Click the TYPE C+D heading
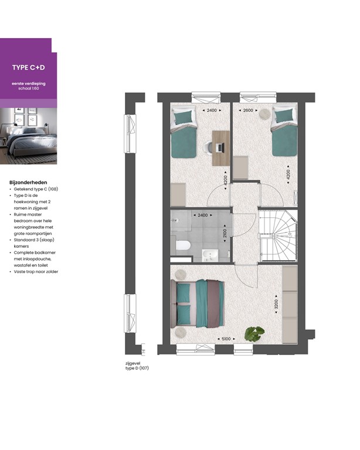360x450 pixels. [x=28, y=67]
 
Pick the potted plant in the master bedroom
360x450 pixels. [x=254, y=334]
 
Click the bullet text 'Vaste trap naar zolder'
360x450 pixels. [x=33, y=271]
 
